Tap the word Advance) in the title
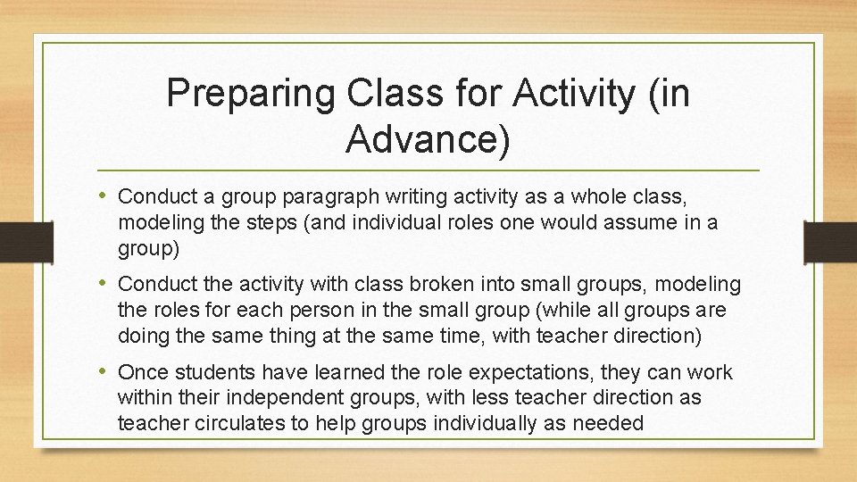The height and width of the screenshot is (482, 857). click(428, 138)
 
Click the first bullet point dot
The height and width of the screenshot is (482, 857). click(106, 194)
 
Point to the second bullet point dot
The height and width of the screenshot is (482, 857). click(106, 283)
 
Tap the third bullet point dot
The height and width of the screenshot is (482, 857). click(106, 370)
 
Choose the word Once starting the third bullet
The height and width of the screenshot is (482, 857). click(143, 371)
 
